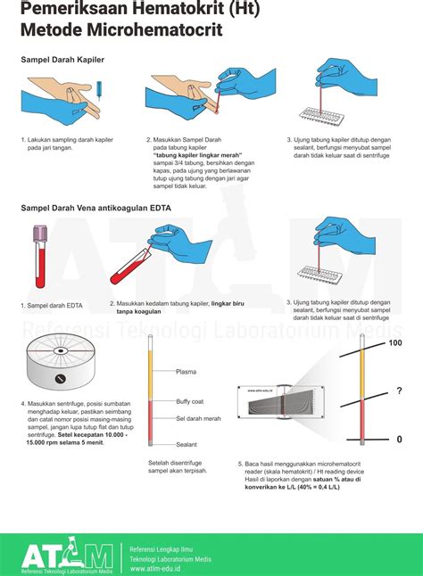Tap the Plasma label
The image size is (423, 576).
[x=187, y=371]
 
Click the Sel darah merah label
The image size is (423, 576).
[x=198, y=418]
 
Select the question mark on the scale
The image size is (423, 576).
[x=399, y=391]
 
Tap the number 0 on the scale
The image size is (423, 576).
[x=399, y=439]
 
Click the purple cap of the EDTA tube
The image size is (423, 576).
[x=40, y=235]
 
